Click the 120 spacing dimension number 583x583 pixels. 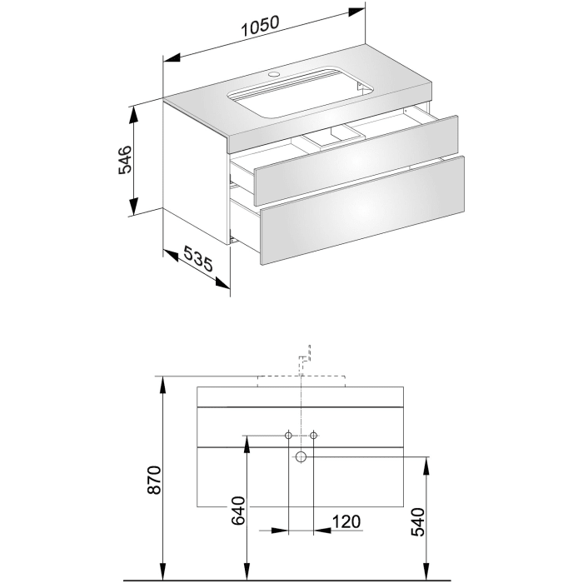[x=346, y=521]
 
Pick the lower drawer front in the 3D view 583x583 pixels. [x=362, y=211]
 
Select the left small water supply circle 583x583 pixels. [x=288, y=436]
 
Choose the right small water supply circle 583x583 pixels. [x=314, y=436]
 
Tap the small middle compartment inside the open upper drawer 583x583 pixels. [x=326, y=138]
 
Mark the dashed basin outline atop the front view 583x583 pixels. [x=301, y=382]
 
